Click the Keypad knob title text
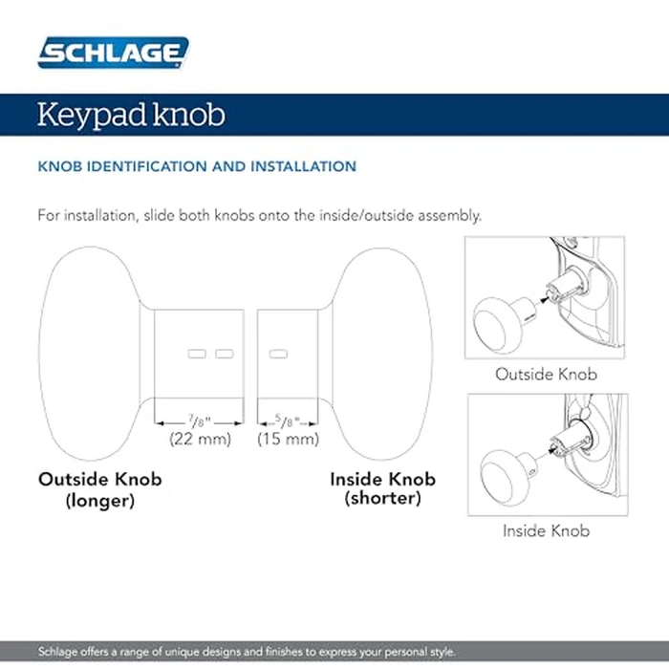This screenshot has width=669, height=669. tap(131, 115)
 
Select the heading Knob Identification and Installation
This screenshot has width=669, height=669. tap(197, 166)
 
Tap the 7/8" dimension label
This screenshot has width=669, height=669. tap(199, 420)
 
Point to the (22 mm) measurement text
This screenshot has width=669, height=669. tap(199, 440)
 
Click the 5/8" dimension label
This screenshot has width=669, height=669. tap(289, 420)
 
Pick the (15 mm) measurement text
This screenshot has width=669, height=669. tap(289, 440)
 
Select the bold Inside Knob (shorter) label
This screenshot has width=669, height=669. tap(382, 487)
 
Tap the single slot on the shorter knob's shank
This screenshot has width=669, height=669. tap(279, 355)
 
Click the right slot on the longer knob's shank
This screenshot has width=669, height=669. tap(224, 355)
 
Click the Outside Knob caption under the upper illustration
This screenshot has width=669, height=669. tap(546, 374)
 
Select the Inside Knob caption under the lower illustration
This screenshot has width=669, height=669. tap(546, 530)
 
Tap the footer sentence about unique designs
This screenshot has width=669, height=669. tap(248, 652)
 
